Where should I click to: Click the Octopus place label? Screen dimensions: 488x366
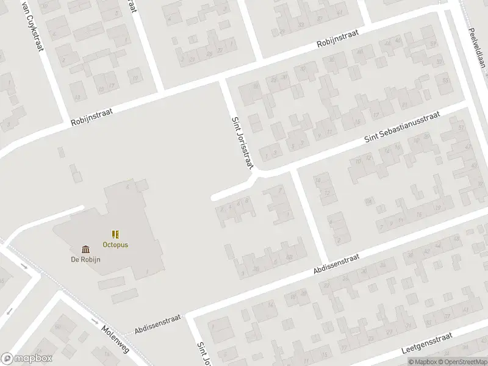click(115, 245)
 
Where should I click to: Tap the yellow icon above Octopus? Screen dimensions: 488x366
click(115, 234)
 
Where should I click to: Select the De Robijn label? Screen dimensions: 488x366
click(85, 259)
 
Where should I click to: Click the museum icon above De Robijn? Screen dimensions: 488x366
click(85, 249)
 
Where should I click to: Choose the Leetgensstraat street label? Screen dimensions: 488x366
click(427, 343)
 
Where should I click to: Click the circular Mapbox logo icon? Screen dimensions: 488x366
click(7, 359)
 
